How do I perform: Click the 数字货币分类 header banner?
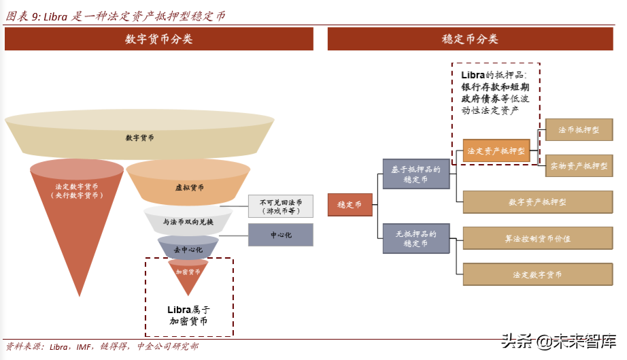pos(158,39)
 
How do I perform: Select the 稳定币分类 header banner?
pos(470,39)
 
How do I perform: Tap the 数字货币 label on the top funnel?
pos(139,138)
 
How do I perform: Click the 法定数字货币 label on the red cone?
pos(77,191)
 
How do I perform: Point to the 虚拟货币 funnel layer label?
pos(189,188)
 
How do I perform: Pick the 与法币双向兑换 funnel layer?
pos(188,223)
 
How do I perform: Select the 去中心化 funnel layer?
pos(188,250)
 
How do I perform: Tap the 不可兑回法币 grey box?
pos(280,206)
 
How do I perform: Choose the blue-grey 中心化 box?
pos(280,235)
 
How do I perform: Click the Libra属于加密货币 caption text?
pos(188,315)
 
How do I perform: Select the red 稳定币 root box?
pos(350,204)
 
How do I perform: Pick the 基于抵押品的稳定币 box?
pos(416,174)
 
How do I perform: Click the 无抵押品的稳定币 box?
pos(416,238)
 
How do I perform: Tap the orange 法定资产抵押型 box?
pos(496,151)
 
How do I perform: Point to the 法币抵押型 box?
pos(579,129)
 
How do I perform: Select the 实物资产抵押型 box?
pos(579,165)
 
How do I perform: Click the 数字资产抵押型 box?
pos(537,202)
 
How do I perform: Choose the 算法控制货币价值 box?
pos(537,239)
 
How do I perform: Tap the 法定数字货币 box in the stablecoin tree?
pos(537,274)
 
